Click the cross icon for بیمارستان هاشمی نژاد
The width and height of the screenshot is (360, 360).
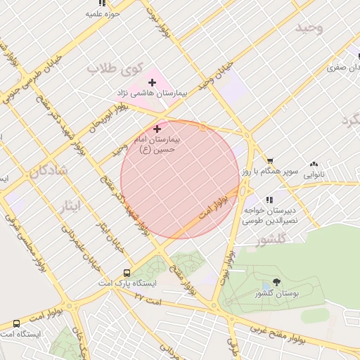click(152, 83)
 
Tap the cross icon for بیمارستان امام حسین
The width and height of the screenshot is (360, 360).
click(156, 129)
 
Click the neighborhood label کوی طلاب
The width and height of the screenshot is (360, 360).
click(115, 69)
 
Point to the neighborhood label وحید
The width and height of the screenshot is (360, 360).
click(309, 27)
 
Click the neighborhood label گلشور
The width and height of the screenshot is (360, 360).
click(272, 240)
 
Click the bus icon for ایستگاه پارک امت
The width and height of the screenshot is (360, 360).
click(127, 273)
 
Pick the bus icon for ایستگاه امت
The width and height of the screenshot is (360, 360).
click(16, 323)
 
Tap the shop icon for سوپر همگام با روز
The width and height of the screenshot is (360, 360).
click(269, 161)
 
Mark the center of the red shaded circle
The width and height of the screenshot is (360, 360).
click(180, 179)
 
